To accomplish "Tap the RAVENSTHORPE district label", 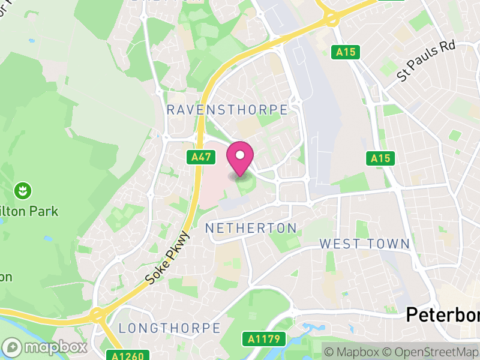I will (227, 109).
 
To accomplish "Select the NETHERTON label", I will (251, 228).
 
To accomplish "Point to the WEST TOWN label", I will (364, 244).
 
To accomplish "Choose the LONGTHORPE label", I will (169, 328).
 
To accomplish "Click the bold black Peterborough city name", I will (443, 314).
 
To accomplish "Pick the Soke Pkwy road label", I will (167, 259).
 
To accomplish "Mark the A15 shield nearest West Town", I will (380, 158).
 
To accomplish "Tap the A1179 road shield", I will (263, 339).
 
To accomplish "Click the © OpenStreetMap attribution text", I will (431, 351).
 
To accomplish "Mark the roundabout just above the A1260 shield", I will (96, 315).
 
